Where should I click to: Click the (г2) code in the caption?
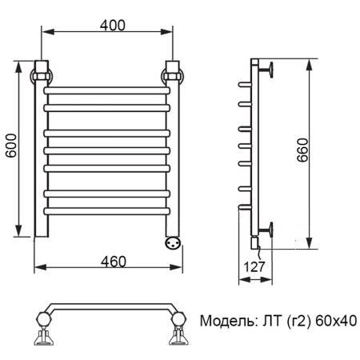[x=294, y=322]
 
